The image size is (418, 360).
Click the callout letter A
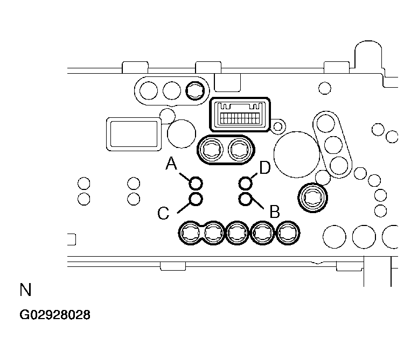coord(171,163)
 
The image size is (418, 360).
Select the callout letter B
coord(275,211)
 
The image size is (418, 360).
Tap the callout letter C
coord(163,213)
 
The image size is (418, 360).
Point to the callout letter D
coord(265,168)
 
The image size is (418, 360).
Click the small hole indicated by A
coord(196,183)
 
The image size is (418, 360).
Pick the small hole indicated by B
coord(246,199)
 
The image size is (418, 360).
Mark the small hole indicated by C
coord(196,199)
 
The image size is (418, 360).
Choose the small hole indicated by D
coord(246,183)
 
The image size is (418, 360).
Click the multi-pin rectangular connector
coord(240,115)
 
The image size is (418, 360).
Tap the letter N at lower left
coord(26,290)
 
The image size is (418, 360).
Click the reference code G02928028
coord(55,315)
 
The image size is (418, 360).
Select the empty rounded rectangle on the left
coord(134,134)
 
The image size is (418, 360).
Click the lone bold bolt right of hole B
coord(312,197)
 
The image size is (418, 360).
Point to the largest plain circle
coord(297,154)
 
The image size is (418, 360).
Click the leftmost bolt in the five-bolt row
coord(190,233)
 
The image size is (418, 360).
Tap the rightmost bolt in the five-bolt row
coord(288,233)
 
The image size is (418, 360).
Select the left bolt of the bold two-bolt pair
coord(212,150)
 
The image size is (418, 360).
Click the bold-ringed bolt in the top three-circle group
coord(195,90)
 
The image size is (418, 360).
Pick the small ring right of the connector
coord(278,126)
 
